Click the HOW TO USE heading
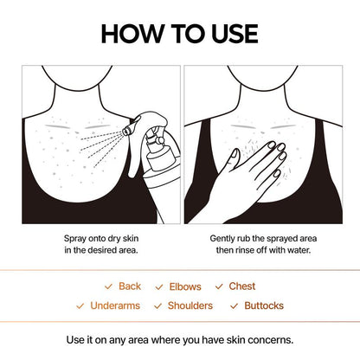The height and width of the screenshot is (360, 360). tap(179, 34)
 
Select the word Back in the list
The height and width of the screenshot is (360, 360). tap(130, 286)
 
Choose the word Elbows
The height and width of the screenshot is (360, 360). tap(185, 286)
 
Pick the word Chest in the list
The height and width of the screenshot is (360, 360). tap(242, 286)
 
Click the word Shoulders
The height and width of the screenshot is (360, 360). tap(190, 305)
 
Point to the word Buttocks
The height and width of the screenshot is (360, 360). tap(263, 305)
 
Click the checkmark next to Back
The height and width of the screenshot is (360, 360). tap(108, 286)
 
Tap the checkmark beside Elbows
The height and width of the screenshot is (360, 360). tap(159, 286)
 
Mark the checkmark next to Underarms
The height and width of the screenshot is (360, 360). tap(80, 305)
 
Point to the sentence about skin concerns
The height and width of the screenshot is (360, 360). tap(180, 339)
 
